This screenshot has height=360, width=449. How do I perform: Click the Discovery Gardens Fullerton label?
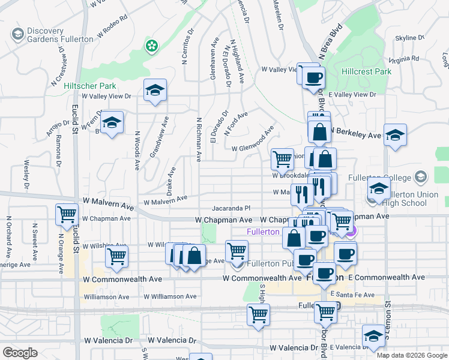(x=60, y=35)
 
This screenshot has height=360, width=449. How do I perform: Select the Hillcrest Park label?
(x=366, y=71)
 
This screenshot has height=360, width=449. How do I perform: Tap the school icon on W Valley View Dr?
(x=155, y=91)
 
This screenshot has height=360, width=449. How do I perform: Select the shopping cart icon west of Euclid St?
(x=67, y=214)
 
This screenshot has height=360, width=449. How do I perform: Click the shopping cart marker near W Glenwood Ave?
(x=282, y=159)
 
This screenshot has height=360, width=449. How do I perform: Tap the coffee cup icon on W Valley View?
(x=313, y=77)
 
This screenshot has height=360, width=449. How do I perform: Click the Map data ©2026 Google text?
(x=411, y=355)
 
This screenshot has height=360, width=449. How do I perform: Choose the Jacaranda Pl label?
(x=231, y=209)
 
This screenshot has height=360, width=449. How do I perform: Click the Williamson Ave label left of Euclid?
(x=106, y=296)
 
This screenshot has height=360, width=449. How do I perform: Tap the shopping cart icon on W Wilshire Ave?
(x=116, y=256)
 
